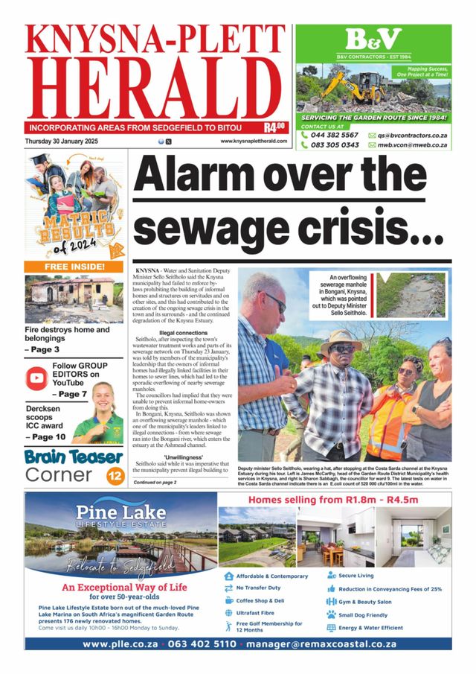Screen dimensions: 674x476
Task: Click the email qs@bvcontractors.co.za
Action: (411, 135)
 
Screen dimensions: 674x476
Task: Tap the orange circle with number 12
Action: (115, 474)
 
